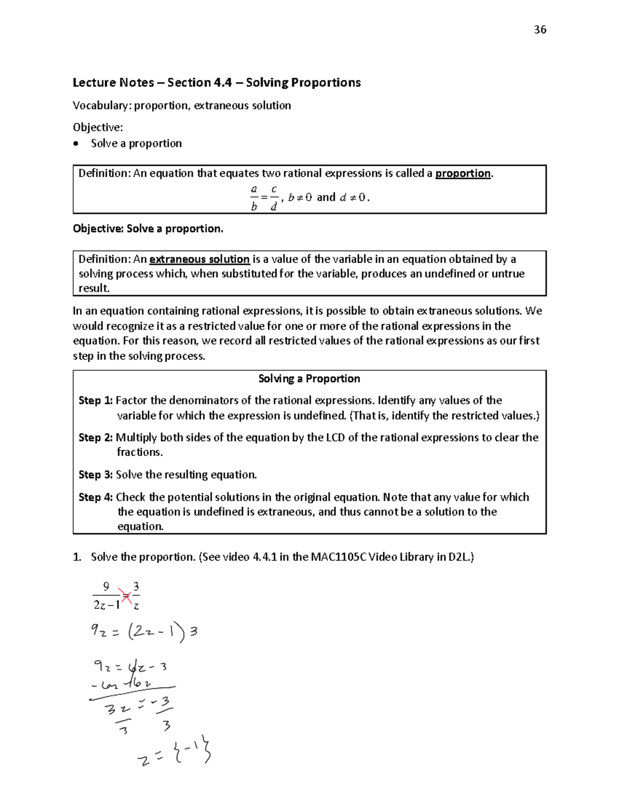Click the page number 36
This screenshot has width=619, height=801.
(x=540, y=30)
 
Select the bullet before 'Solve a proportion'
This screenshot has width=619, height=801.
(x=77, y=144)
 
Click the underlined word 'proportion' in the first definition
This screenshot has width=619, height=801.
(x=463, y=173)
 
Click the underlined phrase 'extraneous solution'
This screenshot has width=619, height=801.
(x=199, y=259)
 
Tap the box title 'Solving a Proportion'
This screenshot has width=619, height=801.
(x=309, y=379)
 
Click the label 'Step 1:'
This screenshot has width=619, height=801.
(x=95, y=401)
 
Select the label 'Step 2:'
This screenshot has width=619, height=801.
(x=95, y=438)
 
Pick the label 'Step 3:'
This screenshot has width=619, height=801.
(x=95, y=475)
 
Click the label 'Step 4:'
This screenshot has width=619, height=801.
(x=95, y=498)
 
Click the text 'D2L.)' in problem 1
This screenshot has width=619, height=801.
(x=461, y=557)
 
